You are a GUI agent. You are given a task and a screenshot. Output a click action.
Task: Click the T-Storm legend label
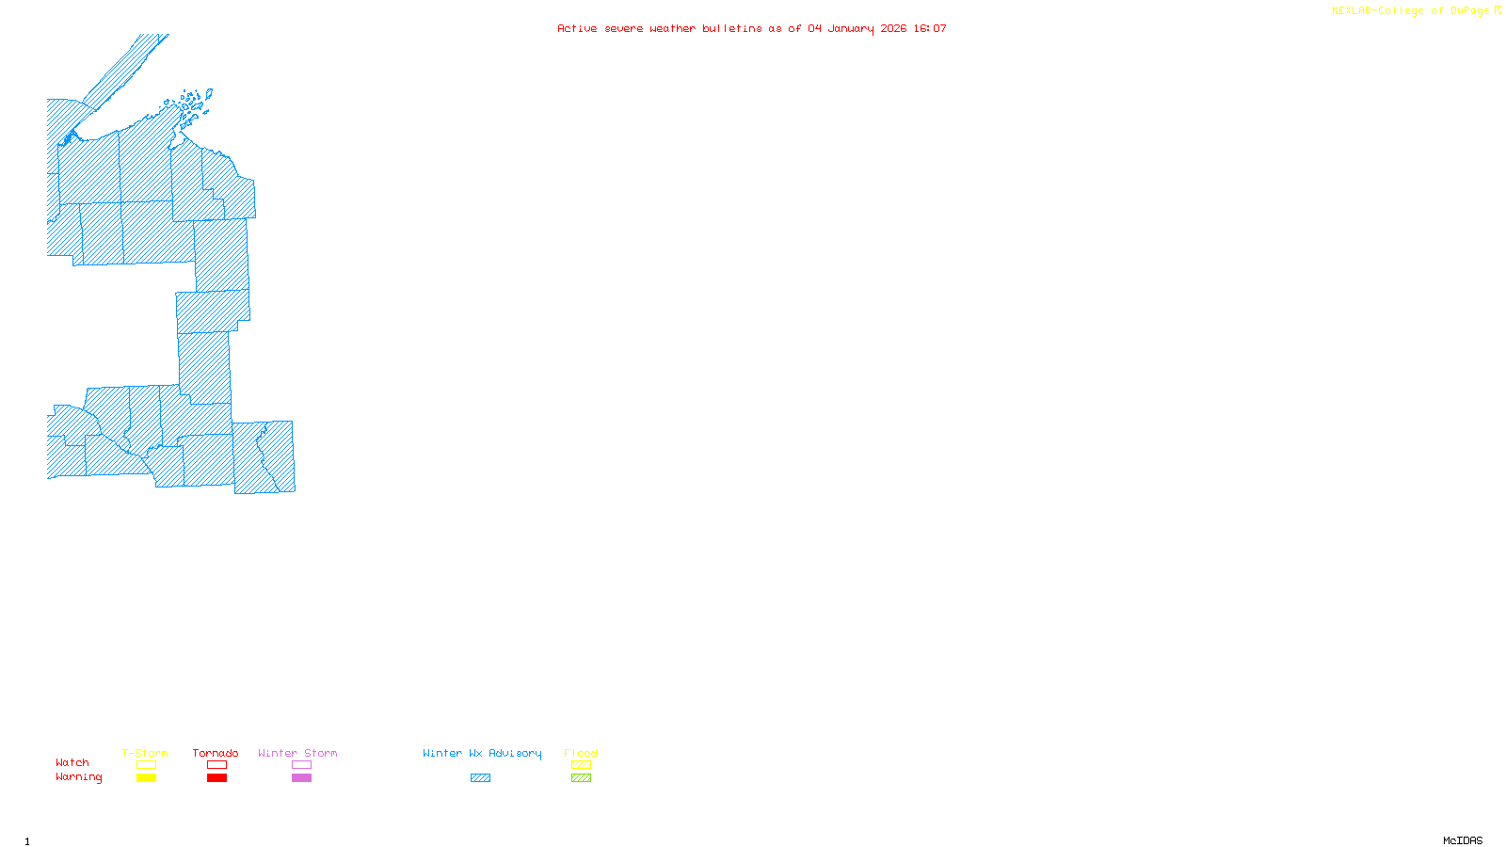(x=145, y=753)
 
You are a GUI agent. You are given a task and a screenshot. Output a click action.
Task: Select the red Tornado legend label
(x=216, y=753)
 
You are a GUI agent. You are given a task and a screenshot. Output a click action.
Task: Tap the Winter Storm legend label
(x=297, y=753)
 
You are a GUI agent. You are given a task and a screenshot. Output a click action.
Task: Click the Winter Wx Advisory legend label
(x=482, y=753)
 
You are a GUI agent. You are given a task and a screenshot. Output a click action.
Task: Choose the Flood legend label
(x=581, y=753)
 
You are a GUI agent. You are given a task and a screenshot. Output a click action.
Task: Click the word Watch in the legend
(x=72, y=762)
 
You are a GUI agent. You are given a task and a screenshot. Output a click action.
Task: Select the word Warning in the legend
(x=79, y=777)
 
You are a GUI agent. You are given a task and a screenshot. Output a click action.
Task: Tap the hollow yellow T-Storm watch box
(x=146, y=765)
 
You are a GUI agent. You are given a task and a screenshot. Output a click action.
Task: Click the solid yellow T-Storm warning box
(x=146, y=778)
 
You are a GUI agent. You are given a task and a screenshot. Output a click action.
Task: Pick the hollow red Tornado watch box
(x=216, y=765)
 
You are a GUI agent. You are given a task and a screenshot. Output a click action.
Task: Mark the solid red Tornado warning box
(x=216, y=778)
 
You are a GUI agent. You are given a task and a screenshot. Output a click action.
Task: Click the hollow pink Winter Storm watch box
(x=301, y=765)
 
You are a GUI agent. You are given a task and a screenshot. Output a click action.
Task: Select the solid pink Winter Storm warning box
(x=301, y=778)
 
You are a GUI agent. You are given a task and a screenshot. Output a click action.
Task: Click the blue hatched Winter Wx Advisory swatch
(x=480, y=778)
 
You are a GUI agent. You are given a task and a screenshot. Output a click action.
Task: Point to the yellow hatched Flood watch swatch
(x=581, y=765)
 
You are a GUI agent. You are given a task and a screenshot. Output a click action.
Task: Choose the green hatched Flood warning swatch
(x=581, y=778)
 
